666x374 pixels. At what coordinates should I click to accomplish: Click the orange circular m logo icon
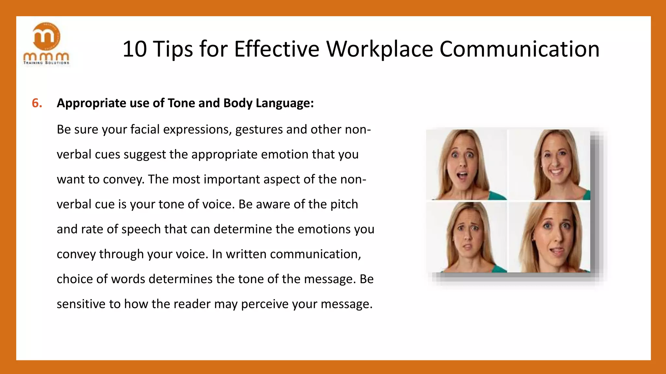[x=47, y=36]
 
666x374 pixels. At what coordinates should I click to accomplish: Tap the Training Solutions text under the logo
[x=46, y=63]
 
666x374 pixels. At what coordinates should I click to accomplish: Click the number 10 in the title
[x=134, y=49]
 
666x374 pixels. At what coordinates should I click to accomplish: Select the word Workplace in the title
[x=380, y=49]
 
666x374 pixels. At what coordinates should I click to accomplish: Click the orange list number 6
[x=37, y=103]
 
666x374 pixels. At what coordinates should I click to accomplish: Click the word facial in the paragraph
[x=145, y=130]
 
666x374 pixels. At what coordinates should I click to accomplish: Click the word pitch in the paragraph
[x=344, y=205]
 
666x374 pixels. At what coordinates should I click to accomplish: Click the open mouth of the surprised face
[x=462, y=176]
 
